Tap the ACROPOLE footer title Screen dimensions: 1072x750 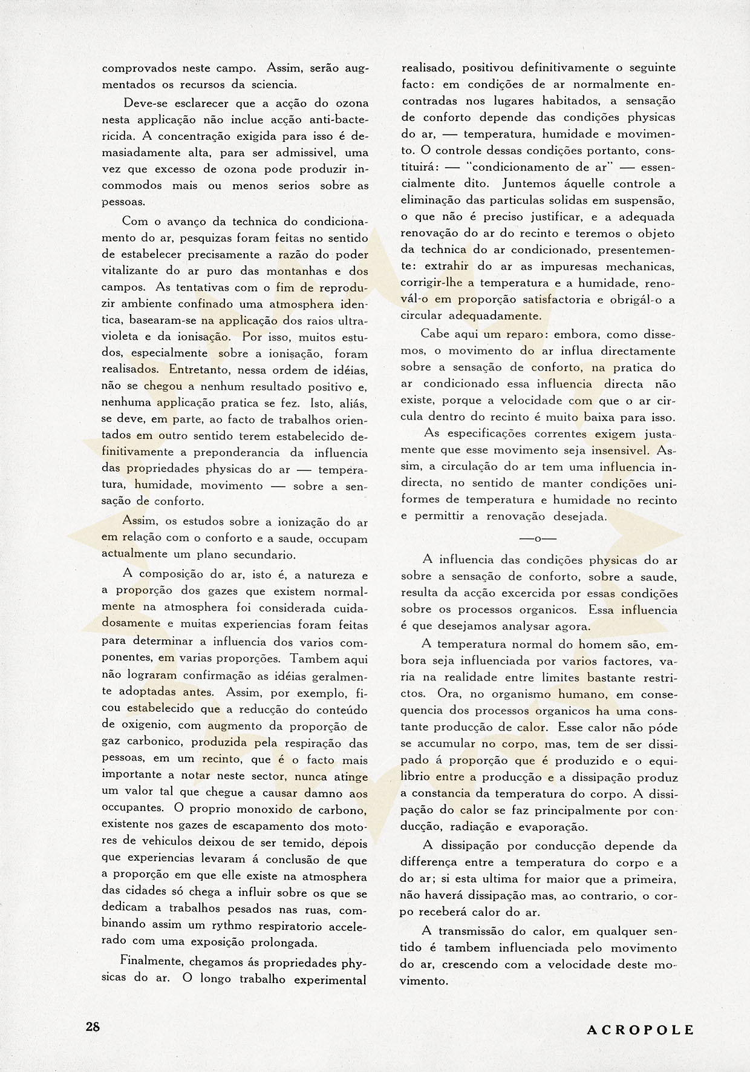(x=641, y=1030)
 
